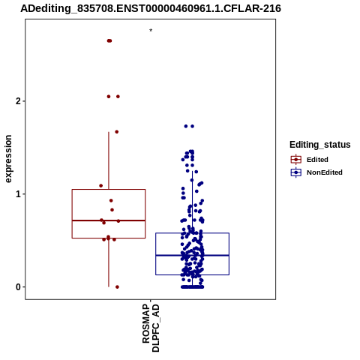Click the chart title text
(x=151, y=8)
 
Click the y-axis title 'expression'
(x=8, y=159)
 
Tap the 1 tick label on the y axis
(x=18, y=194)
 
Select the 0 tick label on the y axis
(x=18, y=287)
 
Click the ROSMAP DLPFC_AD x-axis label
(x=151, y=328)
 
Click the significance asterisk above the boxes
(x=151, y=31)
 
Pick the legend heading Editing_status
(x=319, y=145)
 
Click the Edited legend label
(x=317, y=160)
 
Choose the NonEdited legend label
(x=325, y=172)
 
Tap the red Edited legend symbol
(x=296, y=159)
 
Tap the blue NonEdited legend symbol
(x=296, y=172)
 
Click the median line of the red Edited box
(x=109, y=220)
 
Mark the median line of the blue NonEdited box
(x=192, y=255)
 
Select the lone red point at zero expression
(x=117, y=287)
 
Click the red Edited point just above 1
(x=101, y=186)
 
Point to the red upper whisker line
(x=109, y=160)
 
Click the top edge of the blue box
(x=192, y=233)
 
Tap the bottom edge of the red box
(x=109, y=238)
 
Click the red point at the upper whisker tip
(x=117, y=132)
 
